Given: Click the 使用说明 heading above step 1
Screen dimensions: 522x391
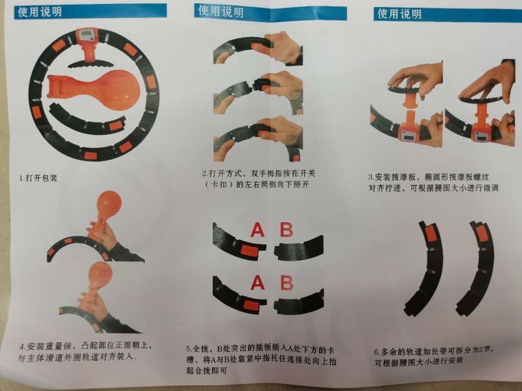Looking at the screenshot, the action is coord(40,12).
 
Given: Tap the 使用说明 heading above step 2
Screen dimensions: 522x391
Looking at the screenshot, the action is coord(221,11).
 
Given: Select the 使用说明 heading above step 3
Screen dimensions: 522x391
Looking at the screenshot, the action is coord(399,14).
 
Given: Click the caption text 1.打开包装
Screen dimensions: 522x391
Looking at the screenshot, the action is coord(38,178).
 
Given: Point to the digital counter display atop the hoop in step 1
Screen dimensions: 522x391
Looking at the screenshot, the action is coord(87,35).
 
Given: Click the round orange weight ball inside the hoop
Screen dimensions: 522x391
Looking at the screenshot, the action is coord(117,90).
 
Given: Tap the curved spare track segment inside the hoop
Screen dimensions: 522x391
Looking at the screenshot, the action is coord(88,121).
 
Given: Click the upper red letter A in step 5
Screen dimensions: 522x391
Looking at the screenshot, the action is coord(257,229).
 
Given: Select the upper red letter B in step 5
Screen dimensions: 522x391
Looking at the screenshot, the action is coord(286,229).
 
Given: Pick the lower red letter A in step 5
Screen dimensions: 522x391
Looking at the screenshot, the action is coord(258,283).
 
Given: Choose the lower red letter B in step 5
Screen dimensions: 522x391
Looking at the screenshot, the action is coord(286,283).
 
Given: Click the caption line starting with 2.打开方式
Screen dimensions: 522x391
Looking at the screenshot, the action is coord(258,173).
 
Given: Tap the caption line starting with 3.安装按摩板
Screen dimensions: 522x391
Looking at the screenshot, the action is coord(429,177).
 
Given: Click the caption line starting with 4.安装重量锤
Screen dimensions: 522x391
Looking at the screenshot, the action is coord(85,346).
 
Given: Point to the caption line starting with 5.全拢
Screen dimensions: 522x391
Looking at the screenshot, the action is coord(260,349).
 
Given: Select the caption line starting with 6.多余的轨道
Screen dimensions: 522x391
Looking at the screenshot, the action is coord(434,351).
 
